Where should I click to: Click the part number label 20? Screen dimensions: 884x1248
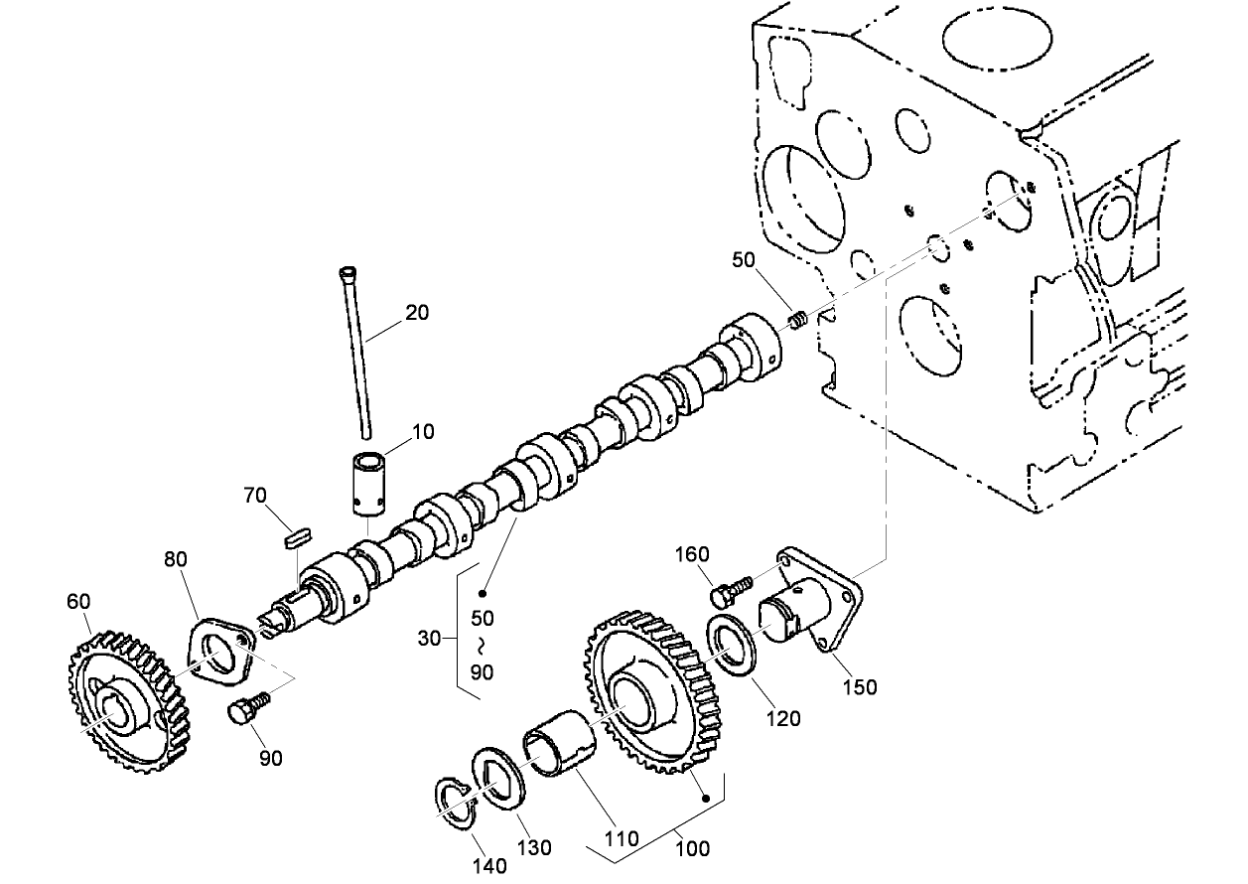point(417,312)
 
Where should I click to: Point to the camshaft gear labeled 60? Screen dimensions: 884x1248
point(129,701)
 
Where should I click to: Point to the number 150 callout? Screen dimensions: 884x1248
point(859,686)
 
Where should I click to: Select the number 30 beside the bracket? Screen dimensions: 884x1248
point(429,639)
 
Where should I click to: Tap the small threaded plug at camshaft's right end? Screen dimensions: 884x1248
point(797,320)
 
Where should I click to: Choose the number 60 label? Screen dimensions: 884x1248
point(78,601)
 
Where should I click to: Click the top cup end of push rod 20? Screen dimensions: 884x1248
point(347,272)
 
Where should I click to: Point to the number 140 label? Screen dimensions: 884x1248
point(489,865)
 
